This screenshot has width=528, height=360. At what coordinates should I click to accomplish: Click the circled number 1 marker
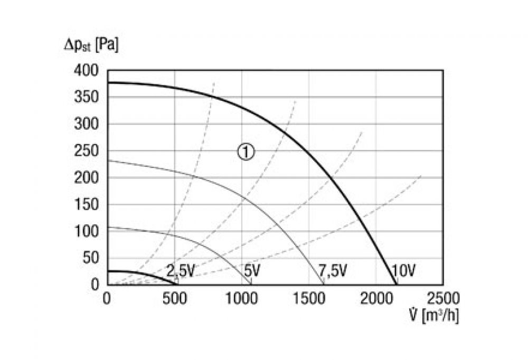pos(246,152)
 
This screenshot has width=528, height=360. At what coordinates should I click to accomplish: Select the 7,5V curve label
pos(333,272)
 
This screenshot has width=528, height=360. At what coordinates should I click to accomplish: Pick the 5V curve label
pos(252,272)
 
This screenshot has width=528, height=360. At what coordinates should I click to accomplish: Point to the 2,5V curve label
pos(181,272)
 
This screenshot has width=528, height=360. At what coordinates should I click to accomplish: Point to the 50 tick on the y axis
pos(91,259)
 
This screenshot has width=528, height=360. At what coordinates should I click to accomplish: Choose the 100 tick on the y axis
pos(88,232)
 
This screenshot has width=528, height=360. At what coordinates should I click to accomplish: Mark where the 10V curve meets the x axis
pos(395,285)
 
